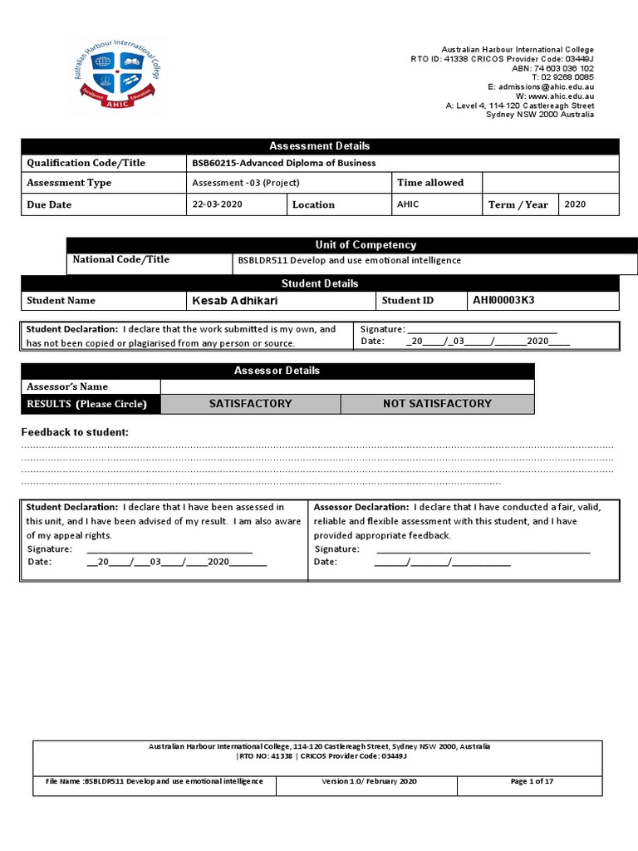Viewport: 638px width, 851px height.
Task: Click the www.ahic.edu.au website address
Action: (x=561, y=96)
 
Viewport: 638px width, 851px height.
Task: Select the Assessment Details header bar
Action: (x=320, y=146)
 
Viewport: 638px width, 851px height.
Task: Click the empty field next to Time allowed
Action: (x=550, y=183)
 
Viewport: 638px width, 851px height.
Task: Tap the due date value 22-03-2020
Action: (x=217, y=204)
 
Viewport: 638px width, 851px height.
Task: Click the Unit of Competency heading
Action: (x=354, y=244)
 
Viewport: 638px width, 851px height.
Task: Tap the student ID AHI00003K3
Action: (x=509, y=300)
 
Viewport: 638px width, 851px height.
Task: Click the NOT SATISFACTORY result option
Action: (x=437, y=404)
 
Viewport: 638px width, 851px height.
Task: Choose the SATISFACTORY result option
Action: (x=250, y=404)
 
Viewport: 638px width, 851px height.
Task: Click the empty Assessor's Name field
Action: (x=346, y=386)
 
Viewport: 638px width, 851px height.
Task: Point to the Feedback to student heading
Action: (x=75, y=432)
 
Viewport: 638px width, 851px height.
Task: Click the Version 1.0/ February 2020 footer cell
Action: (x=370, y=781)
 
